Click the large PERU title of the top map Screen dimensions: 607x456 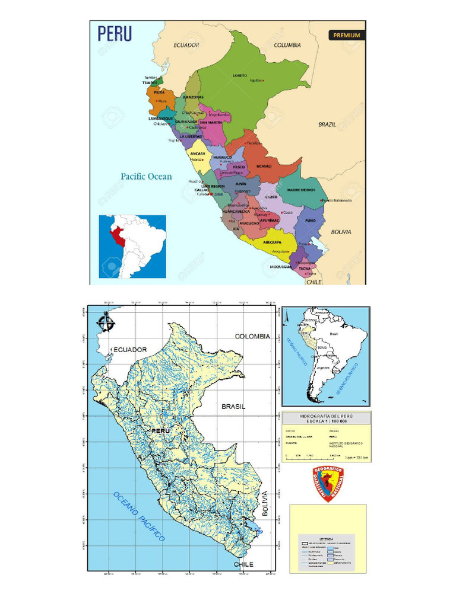click(x=115, y=33)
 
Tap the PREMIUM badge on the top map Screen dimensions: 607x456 click(x=346, y=35)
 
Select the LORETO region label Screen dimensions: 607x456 click(x=240, y=76)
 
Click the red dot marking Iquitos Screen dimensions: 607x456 click(x=264, y=81)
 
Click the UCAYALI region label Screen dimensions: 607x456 click(x=264, y=166)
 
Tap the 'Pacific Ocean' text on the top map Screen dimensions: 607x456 click(x=146, y=176)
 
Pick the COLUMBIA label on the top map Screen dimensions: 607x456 click(x=287, y=45)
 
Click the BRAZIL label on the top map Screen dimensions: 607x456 click(x=327, y=124)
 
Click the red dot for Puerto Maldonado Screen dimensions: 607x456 click(x=321, y=200)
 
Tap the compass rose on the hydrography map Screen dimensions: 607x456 click(x=107, y=322)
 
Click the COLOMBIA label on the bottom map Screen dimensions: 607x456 click(x=252, y=336)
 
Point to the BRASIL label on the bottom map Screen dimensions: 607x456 click(x=233, y=407)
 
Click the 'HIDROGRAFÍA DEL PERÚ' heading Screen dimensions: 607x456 click(x=326, y=416)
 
